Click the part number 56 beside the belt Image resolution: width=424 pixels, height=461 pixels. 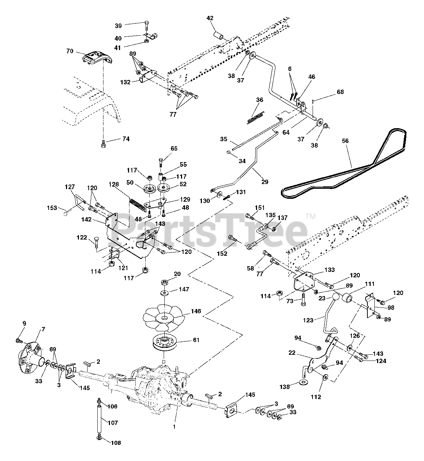pyautogui.click(x=345, y=141)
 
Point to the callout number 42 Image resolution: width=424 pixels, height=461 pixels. pyautogui.click(x=210, y=18)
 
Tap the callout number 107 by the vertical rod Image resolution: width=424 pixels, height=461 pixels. pyautogui.click(x=113, y=422)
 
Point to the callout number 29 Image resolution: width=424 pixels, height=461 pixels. pyautogui.click(x=265, y=182)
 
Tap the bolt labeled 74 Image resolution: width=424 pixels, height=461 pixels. pyautogui.click(x=103, y=144)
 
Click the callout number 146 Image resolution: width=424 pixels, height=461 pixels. pyautogui.click(x=196, y=311)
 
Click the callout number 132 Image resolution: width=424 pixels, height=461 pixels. pyautogui.click(x=125, y=82)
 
